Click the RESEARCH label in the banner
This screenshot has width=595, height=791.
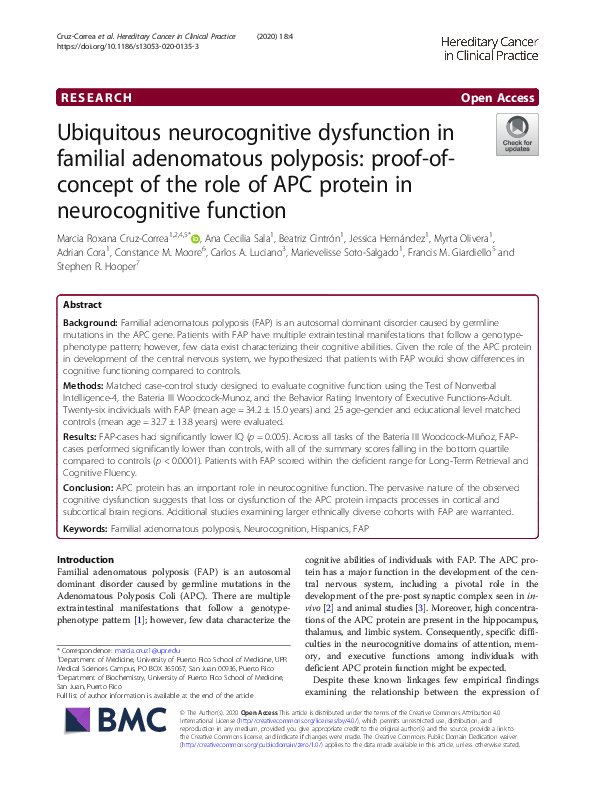(x=96, y=98)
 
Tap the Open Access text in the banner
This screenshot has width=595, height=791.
(x=499, y=98)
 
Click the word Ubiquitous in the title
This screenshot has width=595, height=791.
(x=124, y=133)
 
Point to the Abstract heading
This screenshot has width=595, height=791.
(x=82, y=305)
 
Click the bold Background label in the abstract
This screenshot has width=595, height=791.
(x=90, y=326)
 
